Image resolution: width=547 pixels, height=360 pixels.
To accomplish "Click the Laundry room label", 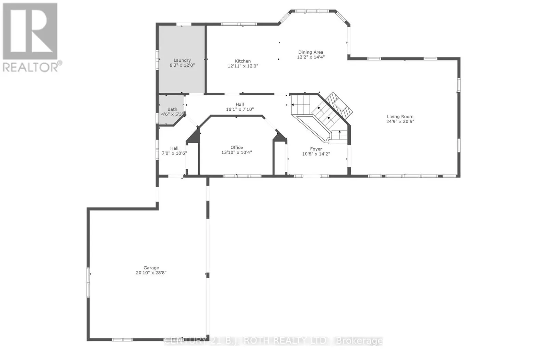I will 182,60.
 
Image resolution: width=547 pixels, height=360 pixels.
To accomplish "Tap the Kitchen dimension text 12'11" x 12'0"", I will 243,66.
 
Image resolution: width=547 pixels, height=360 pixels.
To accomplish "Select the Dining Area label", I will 310,52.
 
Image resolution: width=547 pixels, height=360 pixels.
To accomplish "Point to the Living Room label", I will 400,117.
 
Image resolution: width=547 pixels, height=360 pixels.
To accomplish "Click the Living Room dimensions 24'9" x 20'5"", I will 400,121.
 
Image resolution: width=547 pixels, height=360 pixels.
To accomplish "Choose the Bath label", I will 172,109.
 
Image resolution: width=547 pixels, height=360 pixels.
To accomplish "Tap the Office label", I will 237,147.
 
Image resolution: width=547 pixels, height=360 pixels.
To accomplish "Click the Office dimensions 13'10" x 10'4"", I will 237,152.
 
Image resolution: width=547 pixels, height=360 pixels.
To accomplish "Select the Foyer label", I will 316,149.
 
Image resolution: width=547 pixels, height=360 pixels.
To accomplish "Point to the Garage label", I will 151,268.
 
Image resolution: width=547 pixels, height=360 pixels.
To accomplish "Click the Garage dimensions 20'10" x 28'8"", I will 151,273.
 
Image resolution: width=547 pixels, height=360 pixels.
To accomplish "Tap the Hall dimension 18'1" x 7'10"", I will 240,109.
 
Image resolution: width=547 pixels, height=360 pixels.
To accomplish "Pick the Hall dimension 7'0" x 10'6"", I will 174,153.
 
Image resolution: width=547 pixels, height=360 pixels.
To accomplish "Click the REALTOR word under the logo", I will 31,67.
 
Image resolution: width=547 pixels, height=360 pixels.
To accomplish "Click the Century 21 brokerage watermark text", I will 273,341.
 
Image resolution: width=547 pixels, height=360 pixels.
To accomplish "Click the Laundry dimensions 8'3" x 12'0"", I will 182,65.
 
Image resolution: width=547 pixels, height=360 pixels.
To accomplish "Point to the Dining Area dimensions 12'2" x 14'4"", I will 310,57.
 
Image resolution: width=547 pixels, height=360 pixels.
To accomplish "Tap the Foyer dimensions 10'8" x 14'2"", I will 316,154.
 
